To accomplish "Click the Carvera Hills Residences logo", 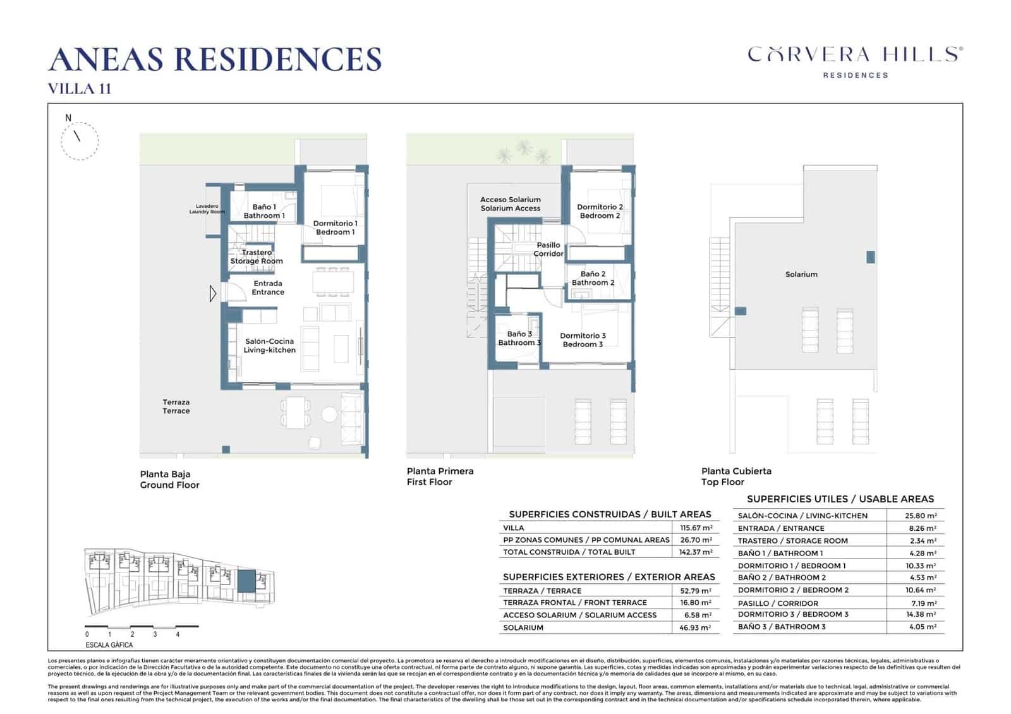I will (855, 60).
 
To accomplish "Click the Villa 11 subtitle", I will (80, 88).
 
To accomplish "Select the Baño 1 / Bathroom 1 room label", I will (264, 211).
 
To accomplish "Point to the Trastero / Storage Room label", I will (257, 257).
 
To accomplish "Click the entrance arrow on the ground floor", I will (213, 293).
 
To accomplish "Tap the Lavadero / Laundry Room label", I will (207, 209).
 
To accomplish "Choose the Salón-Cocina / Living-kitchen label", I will (270, 346).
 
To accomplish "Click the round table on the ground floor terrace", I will (329, 414).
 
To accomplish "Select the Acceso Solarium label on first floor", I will (511, 203).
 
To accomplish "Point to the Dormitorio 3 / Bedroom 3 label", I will (583, 340).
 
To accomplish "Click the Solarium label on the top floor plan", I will (801, 274).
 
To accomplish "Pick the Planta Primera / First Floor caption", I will (440, 476).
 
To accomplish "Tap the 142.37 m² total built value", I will (696, 552).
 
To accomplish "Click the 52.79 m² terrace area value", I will (696, 591).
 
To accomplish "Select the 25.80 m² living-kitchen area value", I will (921, 516).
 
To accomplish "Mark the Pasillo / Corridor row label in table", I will (778, 603).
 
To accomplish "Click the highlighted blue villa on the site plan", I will (246, 580).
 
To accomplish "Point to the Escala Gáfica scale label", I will (109, 645).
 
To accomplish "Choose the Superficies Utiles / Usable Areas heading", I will (840, 499).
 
